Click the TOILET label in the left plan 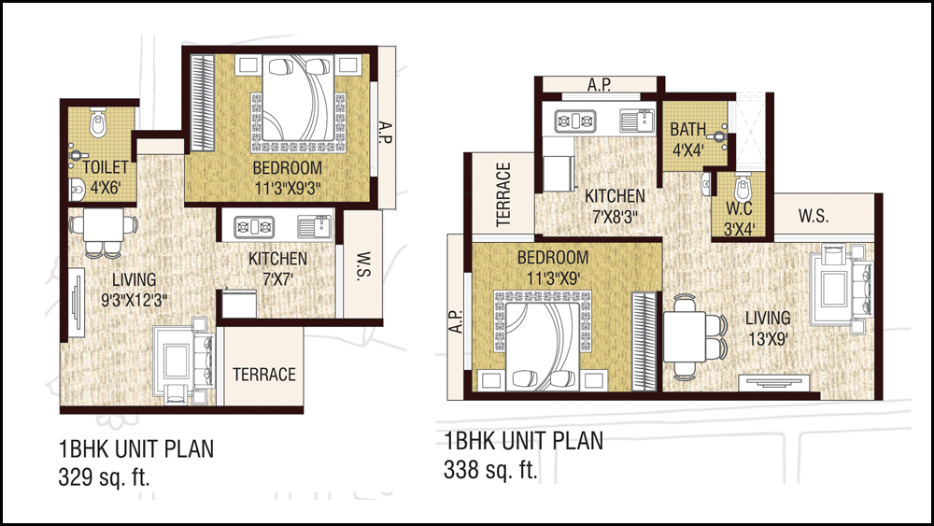(x=106, y=167)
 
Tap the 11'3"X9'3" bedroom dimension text (x=288, y=189)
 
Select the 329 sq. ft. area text (x=104, y=477)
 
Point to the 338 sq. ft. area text (x=490, y=469)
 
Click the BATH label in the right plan (x=687, y=129)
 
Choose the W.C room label (x=739, y=208)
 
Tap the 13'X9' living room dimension (x=769, y=339)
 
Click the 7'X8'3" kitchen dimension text (x=615, y=216)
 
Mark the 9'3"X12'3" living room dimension (x=134, y=300)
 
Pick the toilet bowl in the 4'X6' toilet (x=98, y=122)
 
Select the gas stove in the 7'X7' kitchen (x=254, y=226)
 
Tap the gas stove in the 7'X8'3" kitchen (x=574, y=121)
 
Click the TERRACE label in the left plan (x=264, y=374)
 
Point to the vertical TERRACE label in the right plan (x=504, y=194)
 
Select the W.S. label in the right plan (x=814, y=216)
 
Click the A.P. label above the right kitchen (x=600, y=85)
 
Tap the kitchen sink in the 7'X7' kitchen (x=315, y=226)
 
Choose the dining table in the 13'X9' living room (x=685, y=336)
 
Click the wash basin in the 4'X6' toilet (x=77, y=190)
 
